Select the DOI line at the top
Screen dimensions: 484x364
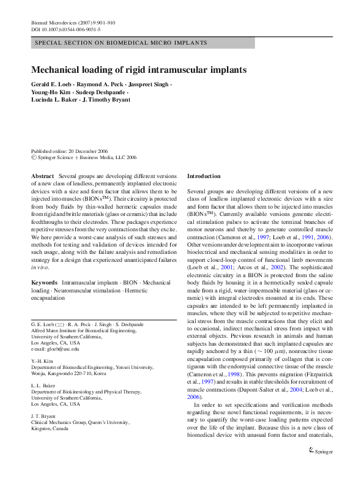click(66, 29)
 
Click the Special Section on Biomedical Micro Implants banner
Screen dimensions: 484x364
click(121, 43)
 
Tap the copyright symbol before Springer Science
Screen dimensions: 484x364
click(34, 157)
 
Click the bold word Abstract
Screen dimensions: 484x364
click(42, 176)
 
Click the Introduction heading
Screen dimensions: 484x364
click(204, 176)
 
